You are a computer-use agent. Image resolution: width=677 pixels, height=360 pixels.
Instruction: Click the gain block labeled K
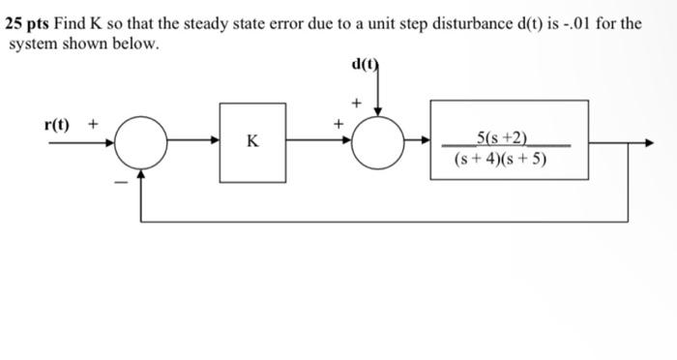click(x=252, y=141)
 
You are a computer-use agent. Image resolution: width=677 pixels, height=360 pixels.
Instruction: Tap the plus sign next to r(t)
click(x=94, y=124)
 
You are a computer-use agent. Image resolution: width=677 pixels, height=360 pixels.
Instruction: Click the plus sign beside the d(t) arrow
click(x=356, y=101)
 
